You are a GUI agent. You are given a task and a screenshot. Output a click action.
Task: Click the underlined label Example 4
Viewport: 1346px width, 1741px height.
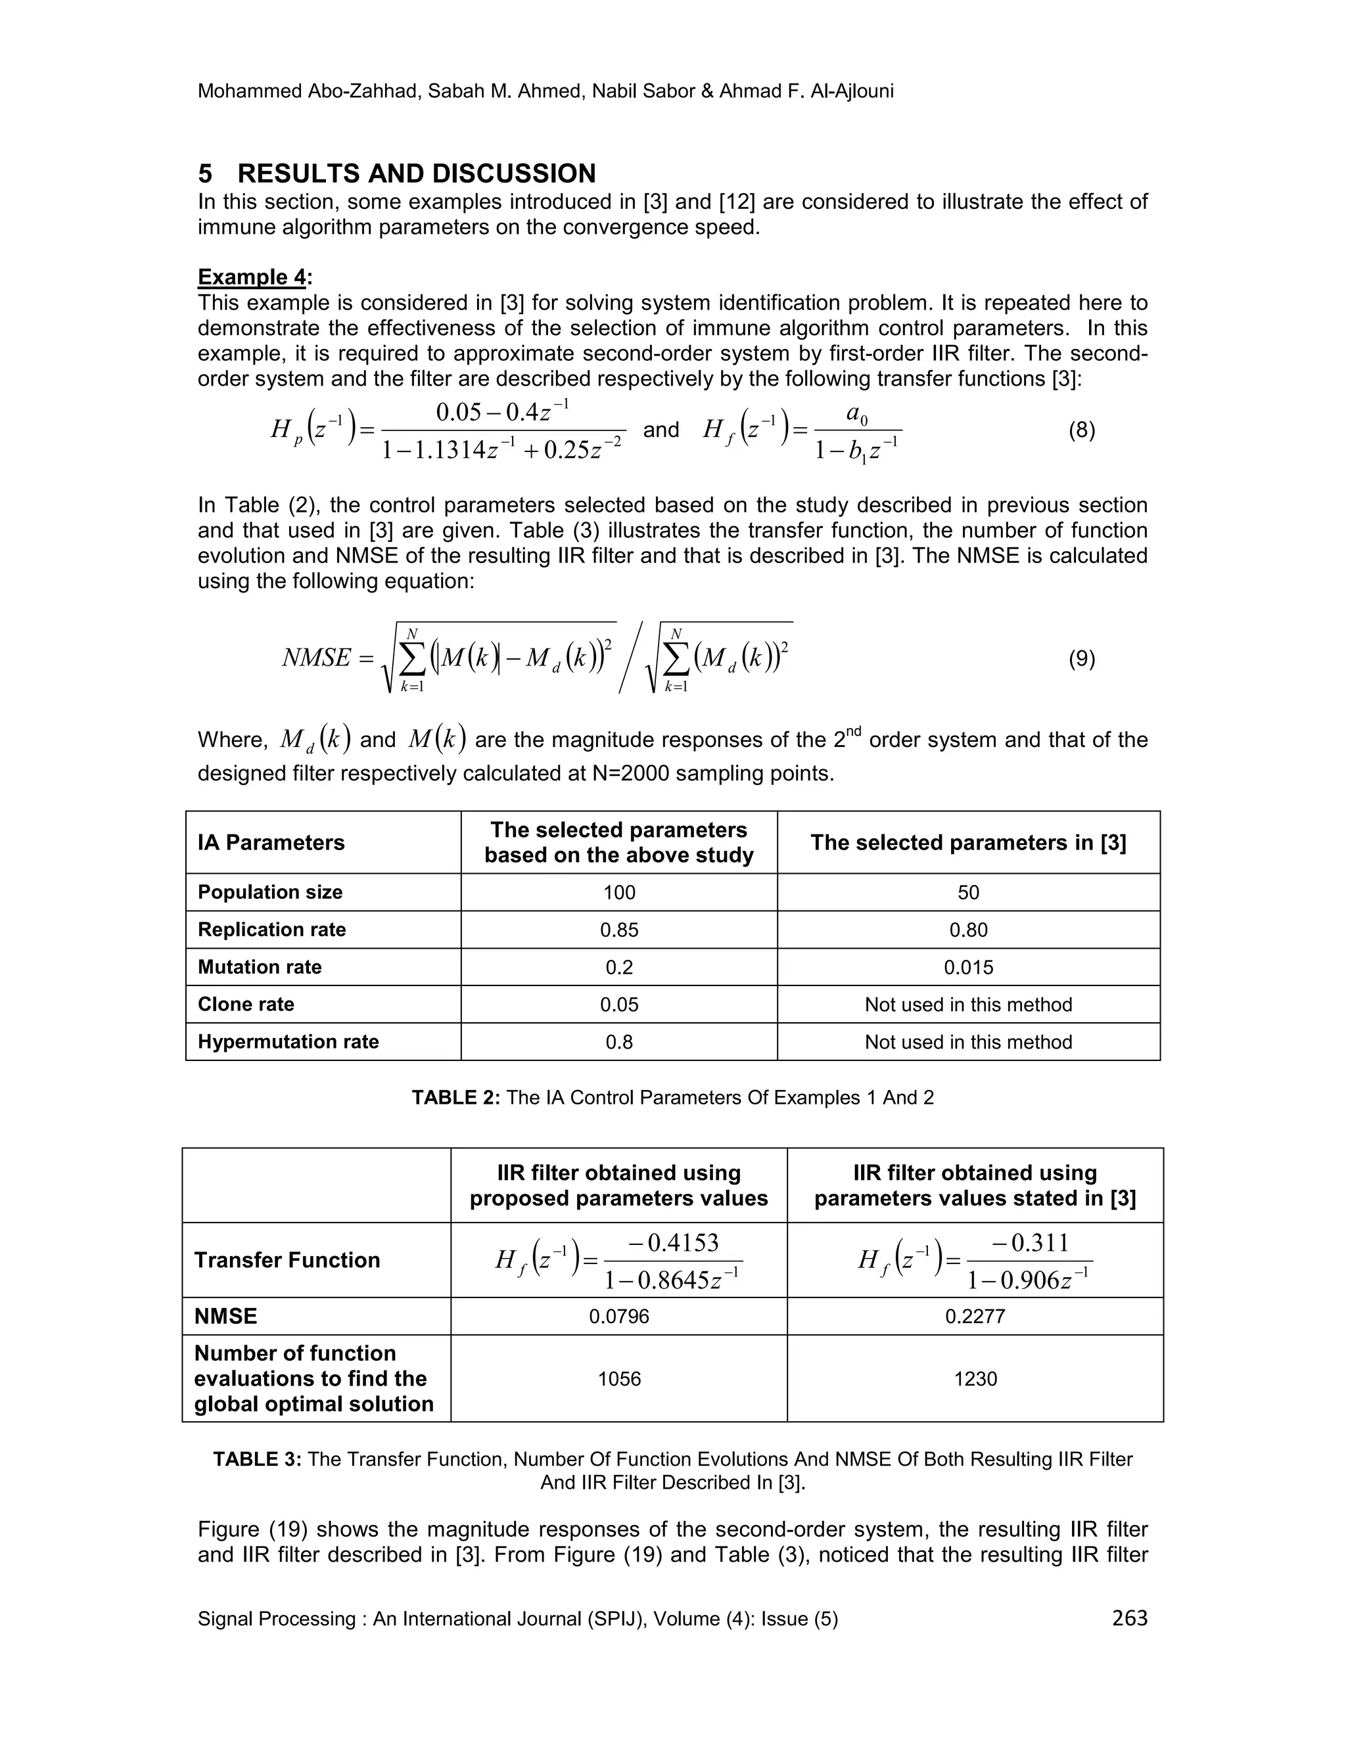coord(252,277)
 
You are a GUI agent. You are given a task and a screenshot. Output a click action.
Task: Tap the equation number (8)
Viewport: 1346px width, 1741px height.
coord(1081,430)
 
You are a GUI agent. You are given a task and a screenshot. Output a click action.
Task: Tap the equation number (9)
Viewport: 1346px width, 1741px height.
coord(1081,658)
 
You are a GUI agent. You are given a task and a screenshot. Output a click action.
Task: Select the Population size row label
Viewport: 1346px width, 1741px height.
coord(270,892)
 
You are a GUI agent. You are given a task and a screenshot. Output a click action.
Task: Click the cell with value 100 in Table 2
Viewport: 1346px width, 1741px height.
coord(618,892)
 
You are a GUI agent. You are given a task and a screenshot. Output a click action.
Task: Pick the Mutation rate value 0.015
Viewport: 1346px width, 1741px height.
coord(968,967)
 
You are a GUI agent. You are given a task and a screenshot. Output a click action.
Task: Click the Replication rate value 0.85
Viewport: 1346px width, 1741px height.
coord(618,930)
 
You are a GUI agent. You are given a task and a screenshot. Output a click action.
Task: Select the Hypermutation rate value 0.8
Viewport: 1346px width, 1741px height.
coord(618,1042)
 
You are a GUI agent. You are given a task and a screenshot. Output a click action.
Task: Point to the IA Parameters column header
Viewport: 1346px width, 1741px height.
coord(271,843)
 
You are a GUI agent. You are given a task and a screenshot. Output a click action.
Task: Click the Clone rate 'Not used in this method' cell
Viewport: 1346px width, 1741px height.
coord(968,1005)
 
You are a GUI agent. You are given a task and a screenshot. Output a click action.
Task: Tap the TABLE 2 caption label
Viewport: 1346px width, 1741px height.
coord(456,1098)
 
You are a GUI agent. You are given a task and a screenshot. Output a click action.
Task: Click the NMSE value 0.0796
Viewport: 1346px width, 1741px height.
coord(618,1316)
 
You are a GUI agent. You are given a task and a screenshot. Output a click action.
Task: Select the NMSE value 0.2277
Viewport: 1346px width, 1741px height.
coord(975,1316)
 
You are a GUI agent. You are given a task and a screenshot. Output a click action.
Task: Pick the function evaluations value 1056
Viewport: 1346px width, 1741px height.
coord(618,1378)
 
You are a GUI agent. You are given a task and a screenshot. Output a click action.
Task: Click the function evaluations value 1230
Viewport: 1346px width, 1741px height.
coord(975,1378)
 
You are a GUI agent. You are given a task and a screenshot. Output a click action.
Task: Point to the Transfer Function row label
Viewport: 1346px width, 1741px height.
coord(287,1260)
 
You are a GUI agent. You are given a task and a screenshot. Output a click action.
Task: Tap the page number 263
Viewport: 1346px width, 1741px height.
coord(1129,1617)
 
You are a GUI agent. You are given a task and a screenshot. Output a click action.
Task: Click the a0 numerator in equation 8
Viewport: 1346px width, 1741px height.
coord(856,414)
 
